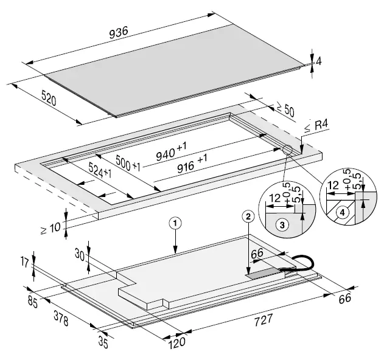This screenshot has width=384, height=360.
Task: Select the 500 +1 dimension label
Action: (x=125, y=163)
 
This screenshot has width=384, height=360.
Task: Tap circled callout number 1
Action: (x=175, y=224)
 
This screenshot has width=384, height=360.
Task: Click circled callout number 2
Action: (x=247, y=215)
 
